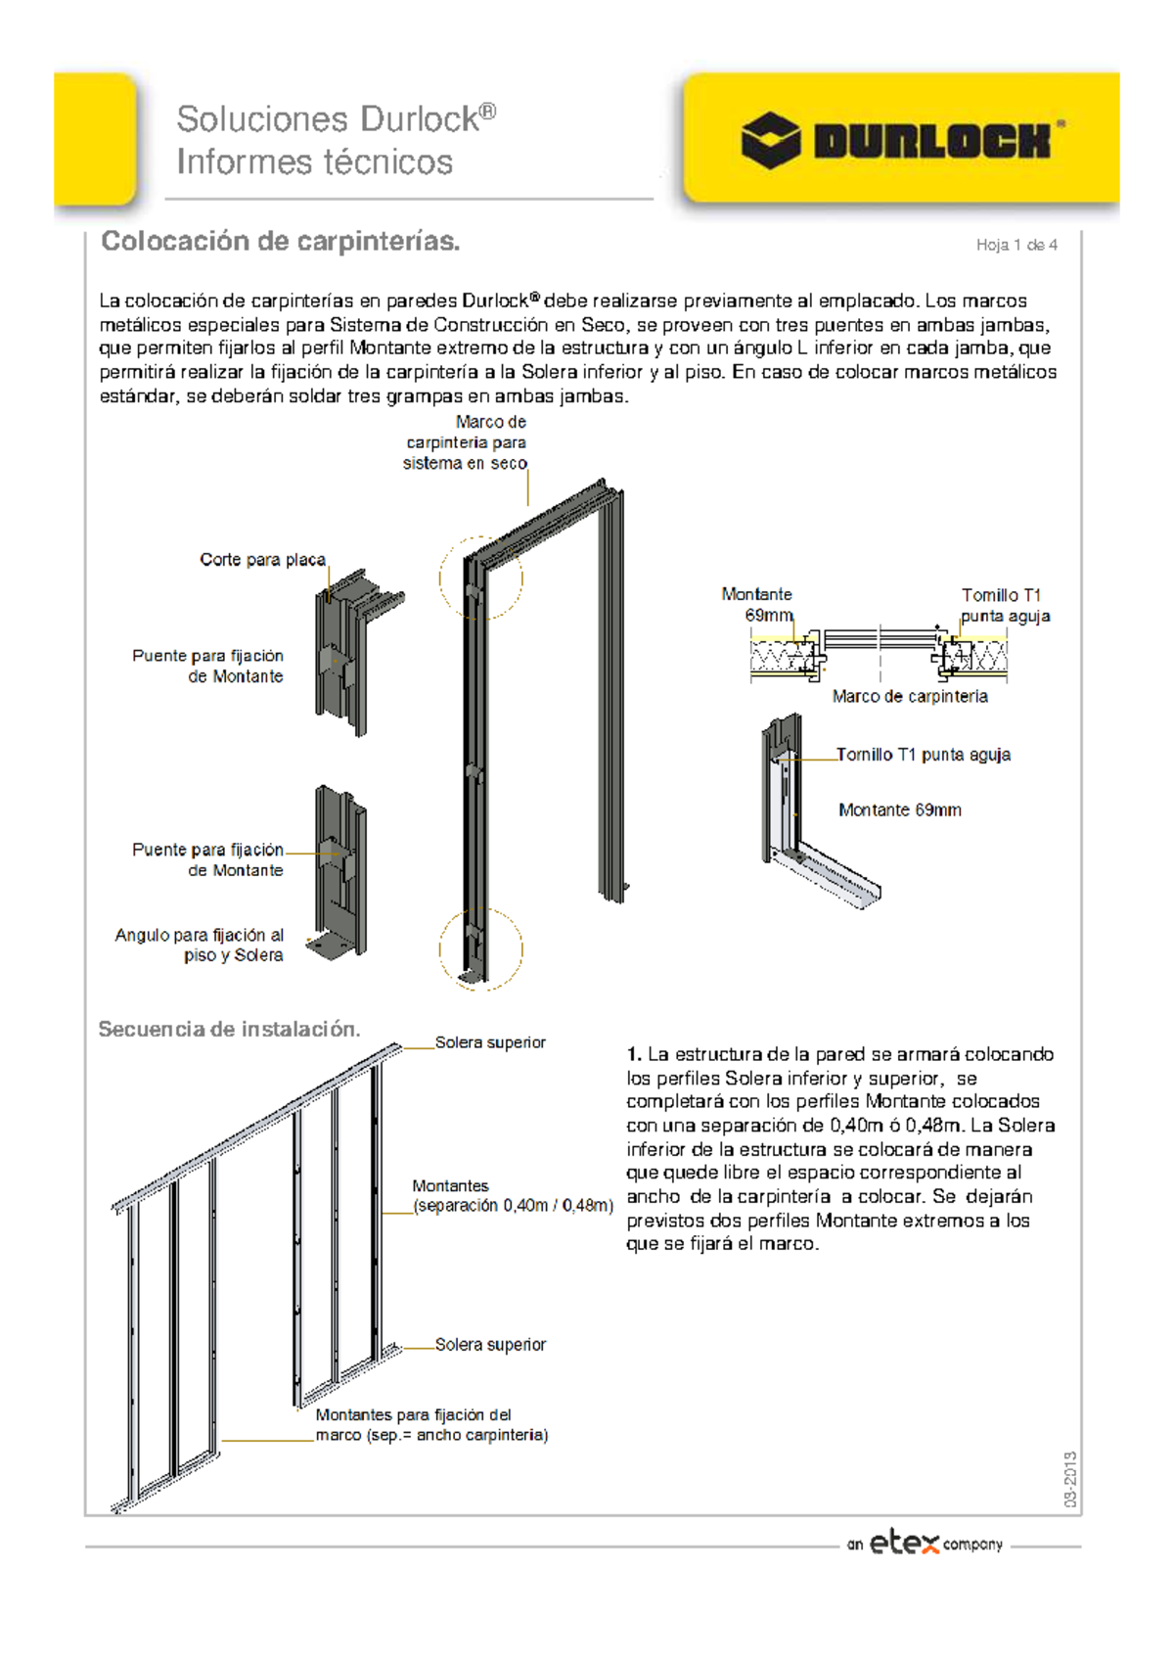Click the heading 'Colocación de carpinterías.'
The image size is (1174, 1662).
point(281,242)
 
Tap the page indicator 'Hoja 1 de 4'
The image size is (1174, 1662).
point(1016,245)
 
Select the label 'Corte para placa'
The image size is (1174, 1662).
point(262,560)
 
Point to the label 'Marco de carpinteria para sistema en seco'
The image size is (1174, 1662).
point(467,442)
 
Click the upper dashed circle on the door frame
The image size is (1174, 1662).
point(480,577)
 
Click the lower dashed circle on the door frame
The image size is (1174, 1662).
point(480,947)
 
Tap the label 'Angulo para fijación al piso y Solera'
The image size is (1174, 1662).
point(200,946)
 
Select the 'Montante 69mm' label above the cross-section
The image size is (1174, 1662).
point(758,605)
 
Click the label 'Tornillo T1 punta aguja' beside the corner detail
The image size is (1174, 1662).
point(923,755)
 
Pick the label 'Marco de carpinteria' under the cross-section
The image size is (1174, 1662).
point(910,697)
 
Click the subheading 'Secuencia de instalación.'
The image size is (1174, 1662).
point(229,1030)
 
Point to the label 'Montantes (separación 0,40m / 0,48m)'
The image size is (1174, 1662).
point(512,1196)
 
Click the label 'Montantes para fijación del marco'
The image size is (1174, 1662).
point(430,1425)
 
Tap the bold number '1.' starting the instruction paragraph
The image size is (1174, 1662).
point(634,1055)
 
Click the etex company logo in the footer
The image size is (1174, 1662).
point(925,1544)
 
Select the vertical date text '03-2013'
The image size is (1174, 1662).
point(1070,1479)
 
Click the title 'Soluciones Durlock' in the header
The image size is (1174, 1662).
point(336,119)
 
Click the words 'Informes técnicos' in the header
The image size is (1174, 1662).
point(314,162)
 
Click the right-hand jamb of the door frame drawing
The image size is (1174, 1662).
point(611,695)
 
